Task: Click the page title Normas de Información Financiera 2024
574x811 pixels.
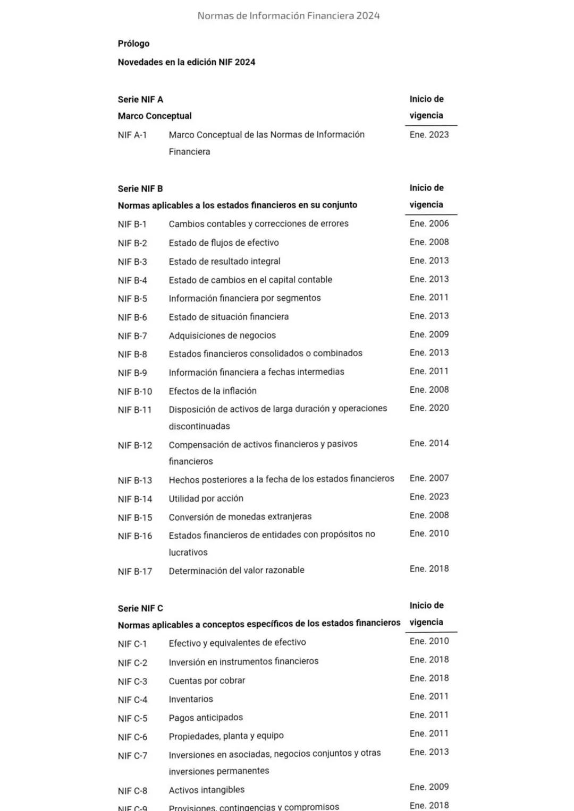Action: tap(289, 16)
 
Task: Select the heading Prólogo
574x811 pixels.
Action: tap(133, 44)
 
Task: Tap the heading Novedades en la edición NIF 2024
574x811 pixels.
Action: tap(186, 62)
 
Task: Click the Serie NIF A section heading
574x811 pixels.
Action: tap(140, 99)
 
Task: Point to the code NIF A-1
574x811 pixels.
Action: tap(132, 135)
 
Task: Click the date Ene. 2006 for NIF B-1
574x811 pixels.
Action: tap(429, 223)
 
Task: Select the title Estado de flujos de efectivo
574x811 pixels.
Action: tap(224, 243)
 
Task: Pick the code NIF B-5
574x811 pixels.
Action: tap(132, 299)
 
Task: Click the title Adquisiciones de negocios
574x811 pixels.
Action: tap(222, 335)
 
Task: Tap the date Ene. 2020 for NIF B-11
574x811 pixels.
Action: tap(429, 408)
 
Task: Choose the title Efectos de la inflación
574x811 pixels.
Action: tap(213, 391)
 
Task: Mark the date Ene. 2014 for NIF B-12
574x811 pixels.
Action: tap(429, 443)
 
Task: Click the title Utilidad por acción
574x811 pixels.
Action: tap(206, 498)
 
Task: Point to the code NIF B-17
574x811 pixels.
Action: tap(135, 572)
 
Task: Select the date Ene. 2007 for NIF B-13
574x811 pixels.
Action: tap(429, 478)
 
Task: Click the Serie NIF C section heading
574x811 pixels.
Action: tap(140, 608)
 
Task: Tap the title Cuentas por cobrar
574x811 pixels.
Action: tap(207, 680)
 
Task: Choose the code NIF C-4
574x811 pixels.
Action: tap(132, 700)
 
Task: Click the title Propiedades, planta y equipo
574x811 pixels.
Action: tap(226, 736)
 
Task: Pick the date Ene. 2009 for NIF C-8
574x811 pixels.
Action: tap(429, 787)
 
